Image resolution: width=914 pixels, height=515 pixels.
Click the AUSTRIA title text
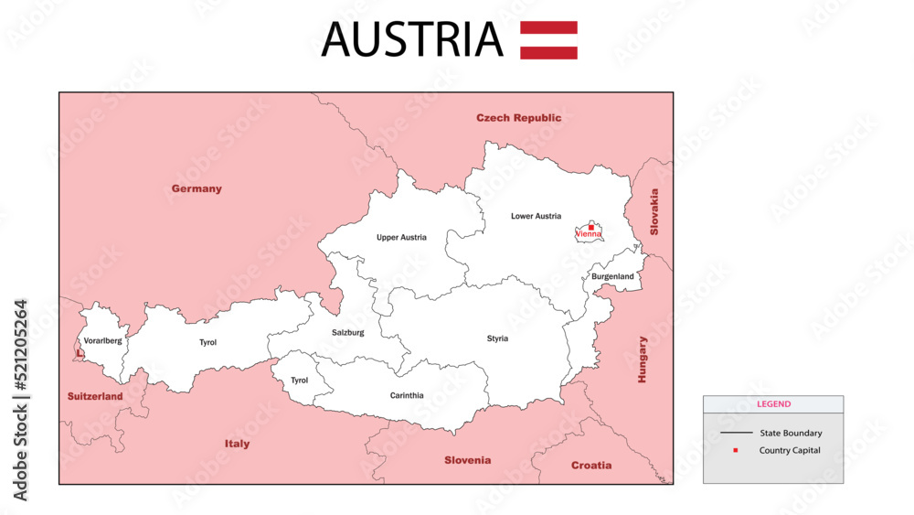pos(411,39)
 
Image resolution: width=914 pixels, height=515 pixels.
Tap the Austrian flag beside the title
pos(548,39)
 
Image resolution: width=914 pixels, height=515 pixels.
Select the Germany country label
pos(197,189)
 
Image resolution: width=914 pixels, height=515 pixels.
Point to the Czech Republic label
pos(518,118)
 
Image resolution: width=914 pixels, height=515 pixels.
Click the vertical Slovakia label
pos(654,212)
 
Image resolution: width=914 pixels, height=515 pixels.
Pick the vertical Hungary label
pos(642,359)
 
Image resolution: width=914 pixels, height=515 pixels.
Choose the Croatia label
pos(591,466)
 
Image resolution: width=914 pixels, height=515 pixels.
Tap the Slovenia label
pos(467,460)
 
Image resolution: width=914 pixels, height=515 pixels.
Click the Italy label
pos(237,444)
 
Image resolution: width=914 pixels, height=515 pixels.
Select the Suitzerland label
pos(95,397)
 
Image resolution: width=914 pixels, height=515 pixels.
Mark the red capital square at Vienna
pos(590,227)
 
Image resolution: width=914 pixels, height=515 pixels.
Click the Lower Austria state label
pos(536,217)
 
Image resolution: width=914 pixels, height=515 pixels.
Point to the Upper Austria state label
pos(401,238)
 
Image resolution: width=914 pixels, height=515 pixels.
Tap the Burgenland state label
pos(612,276)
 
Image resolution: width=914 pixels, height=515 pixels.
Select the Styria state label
pos(497,338)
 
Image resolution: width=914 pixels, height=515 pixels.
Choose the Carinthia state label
pos(407,396)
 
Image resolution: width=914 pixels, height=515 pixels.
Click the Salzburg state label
pos(347,333)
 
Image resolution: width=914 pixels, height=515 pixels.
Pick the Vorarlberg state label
pos(102,340)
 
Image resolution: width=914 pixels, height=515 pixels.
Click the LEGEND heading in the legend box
pos(773,404)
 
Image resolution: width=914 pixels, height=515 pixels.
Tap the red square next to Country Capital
pos(735,450)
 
